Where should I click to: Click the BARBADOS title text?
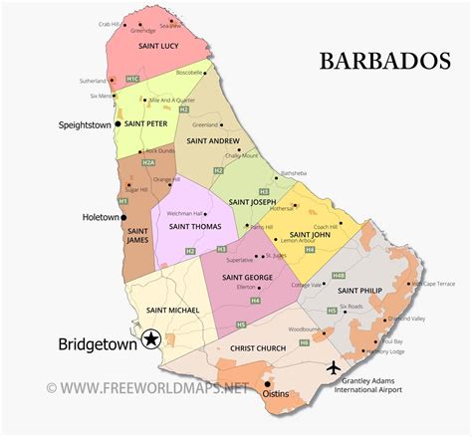[384, 62]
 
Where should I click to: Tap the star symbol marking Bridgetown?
[151, 340]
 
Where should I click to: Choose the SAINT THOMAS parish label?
[194, 226]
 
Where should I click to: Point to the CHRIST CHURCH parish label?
[258, 348]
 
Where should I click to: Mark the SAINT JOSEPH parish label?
[254, 202]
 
